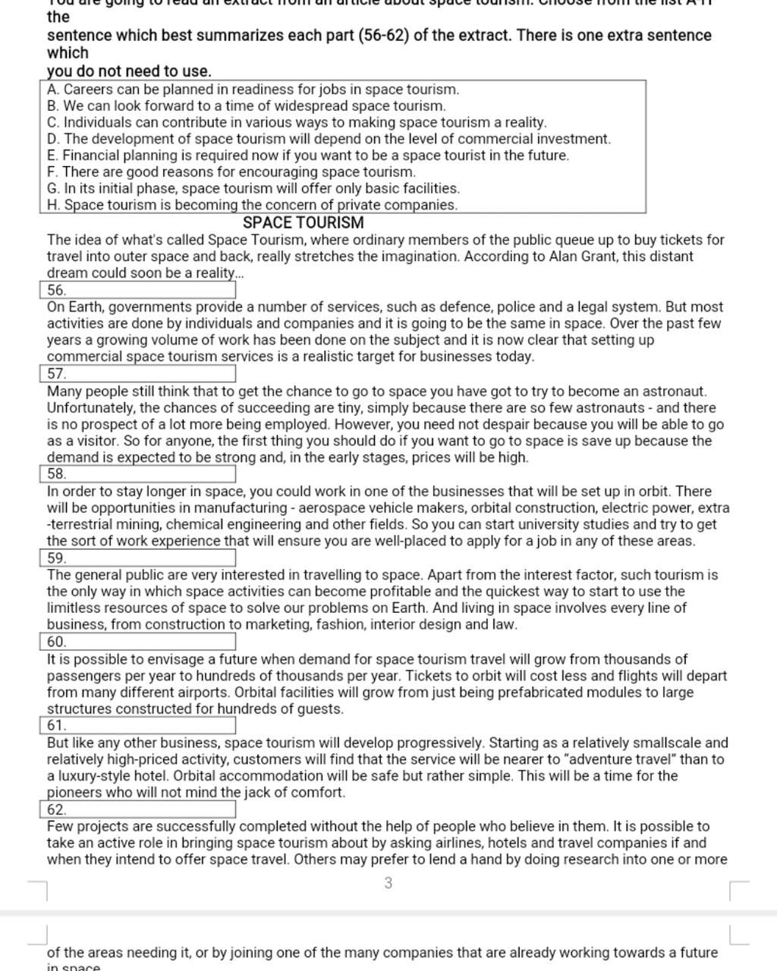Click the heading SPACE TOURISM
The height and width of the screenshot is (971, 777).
(x=303, y=223)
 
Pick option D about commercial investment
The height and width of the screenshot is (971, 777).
(x=329, y=139)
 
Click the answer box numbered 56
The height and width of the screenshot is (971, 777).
(x=137, y=290)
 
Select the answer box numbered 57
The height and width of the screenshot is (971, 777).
(x=137, y=373)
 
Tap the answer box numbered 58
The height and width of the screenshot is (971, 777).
(x=137, y=474)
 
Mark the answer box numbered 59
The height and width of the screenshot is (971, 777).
(x=137, y=558)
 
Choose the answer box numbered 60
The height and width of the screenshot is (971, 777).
(x=137, y=642)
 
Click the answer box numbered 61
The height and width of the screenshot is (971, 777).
(x=137, y=725)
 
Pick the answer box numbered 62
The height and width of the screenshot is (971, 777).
(x=137, y=809)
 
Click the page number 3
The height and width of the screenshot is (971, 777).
(x=388, y=883)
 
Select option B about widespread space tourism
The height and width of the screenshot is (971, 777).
(x=246, y=106)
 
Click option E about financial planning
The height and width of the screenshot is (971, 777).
(x=307, y=156)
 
